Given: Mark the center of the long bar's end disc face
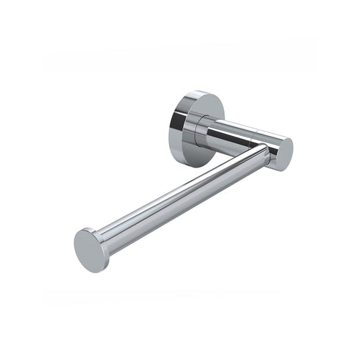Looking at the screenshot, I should pos(90,251).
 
